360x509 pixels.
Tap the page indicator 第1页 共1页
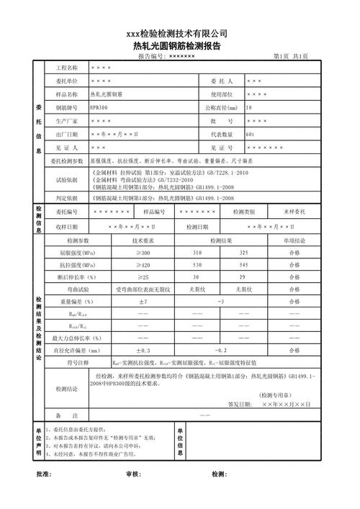[291, 56]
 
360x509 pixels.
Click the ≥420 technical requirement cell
[143, 265]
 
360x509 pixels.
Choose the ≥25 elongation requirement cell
[143, 277]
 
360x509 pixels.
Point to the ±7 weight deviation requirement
[143, 302]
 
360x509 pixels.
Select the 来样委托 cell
[294, 212]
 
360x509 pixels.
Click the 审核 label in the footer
[132, 475]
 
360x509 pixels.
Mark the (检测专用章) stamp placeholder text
[277, 395]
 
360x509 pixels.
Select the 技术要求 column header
[143, 240]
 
